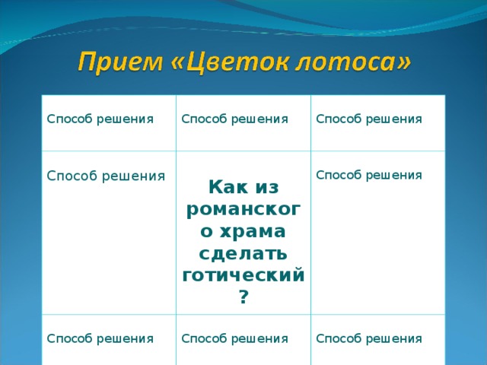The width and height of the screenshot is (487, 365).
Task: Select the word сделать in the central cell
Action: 243,252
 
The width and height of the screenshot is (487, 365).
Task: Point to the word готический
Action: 243,275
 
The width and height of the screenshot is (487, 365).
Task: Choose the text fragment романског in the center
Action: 243,208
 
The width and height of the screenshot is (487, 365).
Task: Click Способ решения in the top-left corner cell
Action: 100,119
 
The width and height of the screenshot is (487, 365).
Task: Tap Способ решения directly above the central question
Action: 234,119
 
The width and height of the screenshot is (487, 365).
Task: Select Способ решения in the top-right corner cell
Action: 369,119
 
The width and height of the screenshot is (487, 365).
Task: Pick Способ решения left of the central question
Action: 106,176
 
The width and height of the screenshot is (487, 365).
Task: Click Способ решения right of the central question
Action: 369,175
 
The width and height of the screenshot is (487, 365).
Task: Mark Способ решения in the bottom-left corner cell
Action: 100,338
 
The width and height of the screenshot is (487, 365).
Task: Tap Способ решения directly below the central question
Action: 234,338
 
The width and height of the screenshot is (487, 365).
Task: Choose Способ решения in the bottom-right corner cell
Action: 369,338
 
